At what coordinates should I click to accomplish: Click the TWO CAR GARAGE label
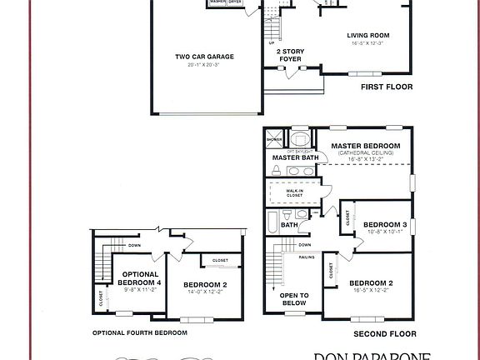tap(204, 57)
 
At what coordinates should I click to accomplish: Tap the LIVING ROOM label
tap(367, 35)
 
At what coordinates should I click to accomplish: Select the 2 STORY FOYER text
tap(290, 56)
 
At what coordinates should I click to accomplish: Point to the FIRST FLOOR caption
tap(386, 86)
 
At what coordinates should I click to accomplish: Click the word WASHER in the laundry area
tap(218, 2)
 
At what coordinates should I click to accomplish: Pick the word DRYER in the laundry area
tap(235, 2)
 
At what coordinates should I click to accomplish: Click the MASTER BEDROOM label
tap(365, 146)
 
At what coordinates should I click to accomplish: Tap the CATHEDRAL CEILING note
tap(365, 152)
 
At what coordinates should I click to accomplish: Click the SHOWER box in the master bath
tap(274, 139)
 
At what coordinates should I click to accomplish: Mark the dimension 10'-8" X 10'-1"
tap(384, 232)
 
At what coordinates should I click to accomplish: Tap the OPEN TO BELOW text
tap(293, 299)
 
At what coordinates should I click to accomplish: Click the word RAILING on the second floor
tap(307, 257)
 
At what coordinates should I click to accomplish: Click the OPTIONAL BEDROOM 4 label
tap(141, 278)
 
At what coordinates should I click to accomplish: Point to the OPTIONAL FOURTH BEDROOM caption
tap(139, 332)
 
